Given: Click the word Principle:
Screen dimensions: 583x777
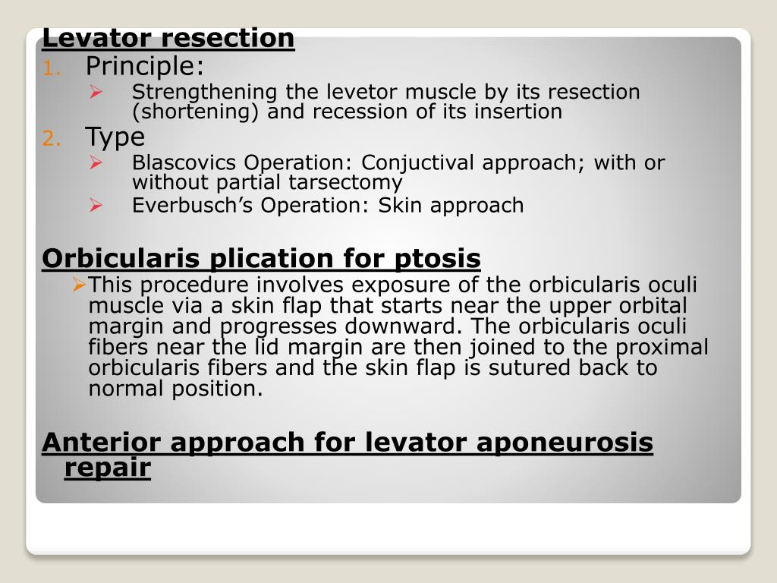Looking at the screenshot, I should point(144,67).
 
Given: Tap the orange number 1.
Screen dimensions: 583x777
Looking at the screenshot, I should point(49,68).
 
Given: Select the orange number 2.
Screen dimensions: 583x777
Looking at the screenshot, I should point(49,139).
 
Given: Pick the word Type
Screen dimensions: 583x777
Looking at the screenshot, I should point(115,137).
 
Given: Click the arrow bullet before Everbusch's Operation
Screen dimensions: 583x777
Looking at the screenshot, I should point(96,204).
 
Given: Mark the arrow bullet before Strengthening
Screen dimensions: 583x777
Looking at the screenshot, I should point(96,92).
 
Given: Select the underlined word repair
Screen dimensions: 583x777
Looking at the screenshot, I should point(107,468).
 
